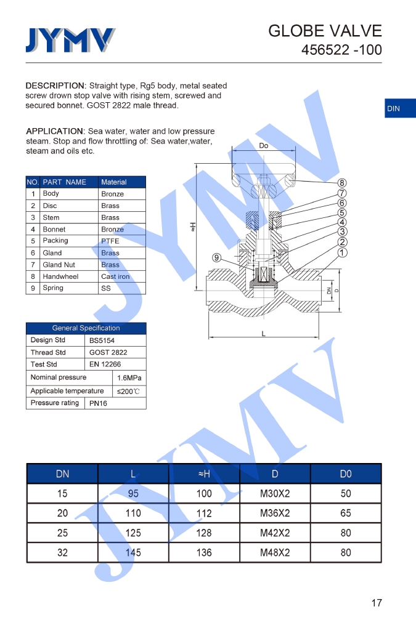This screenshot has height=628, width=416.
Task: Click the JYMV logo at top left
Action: (70, 40)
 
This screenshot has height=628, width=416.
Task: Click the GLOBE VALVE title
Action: (325, 31)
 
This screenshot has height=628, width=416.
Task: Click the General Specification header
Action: (86, 328)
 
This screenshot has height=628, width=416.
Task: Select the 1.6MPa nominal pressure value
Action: (129, 377)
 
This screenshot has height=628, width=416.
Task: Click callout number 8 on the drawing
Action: (342, 183)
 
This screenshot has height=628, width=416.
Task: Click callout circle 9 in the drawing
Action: (217, 258)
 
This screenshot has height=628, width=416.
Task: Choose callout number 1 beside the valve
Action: (342, 252)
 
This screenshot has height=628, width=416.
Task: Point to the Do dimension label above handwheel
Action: (263, 146)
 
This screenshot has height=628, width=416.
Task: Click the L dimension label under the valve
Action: (263, 334)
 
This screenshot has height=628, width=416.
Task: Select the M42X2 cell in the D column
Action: (275, 533)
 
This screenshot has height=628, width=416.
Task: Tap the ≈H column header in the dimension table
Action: (204, 473)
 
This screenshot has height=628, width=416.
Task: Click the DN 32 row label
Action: (62, 552)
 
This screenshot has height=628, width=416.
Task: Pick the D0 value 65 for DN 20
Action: (346, 513)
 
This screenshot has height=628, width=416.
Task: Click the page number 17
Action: (377, 603)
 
